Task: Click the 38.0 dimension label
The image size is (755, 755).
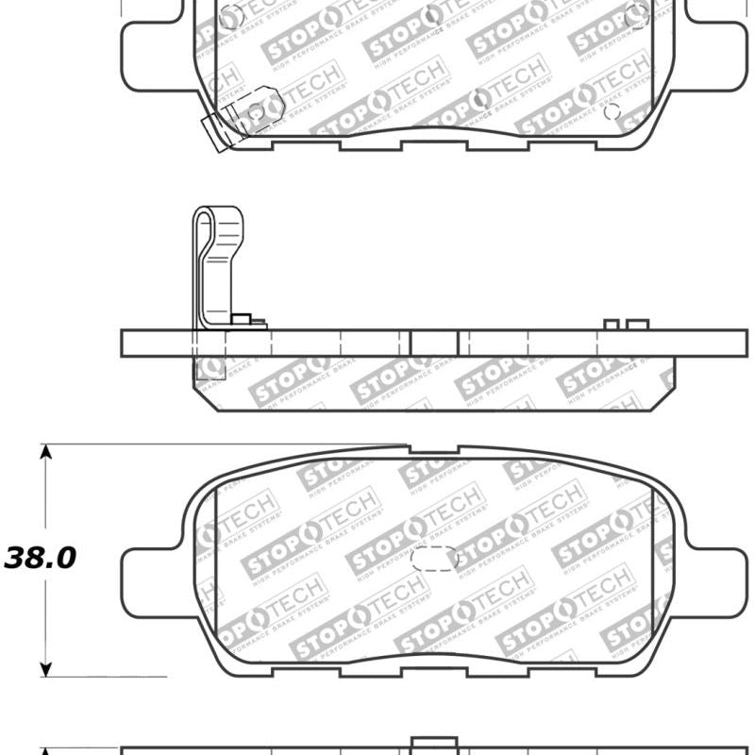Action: click(40, 558)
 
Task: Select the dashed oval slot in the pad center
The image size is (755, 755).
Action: click(434, 559)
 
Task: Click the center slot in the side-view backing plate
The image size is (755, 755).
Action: click(434, 343)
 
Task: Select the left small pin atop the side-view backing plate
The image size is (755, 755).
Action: click(611, 325)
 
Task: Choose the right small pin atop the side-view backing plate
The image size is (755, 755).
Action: click(639, 325)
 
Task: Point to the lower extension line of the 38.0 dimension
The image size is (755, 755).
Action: click(104, 676)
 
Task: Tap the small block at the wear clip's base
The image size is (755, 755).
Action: click(242, 320)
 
